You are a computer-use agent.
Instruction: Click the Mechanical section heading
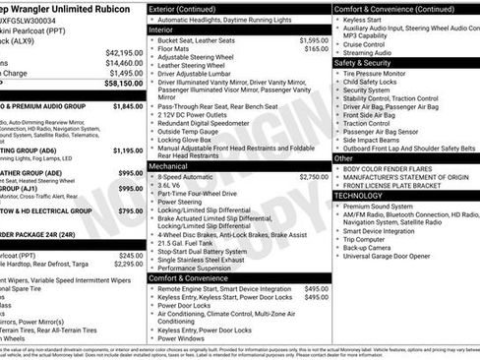(x=169, y=166)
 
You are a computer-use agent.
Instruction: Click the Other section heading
(x=343, y=157)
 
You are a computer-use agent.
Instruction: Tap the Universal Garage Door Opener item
(x=394, y=256)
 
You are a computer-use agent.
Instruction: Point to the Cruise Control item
(x=370, y=44)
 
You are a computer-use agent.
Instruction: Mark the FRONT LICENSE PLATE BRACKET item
(x=399, y=184)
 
